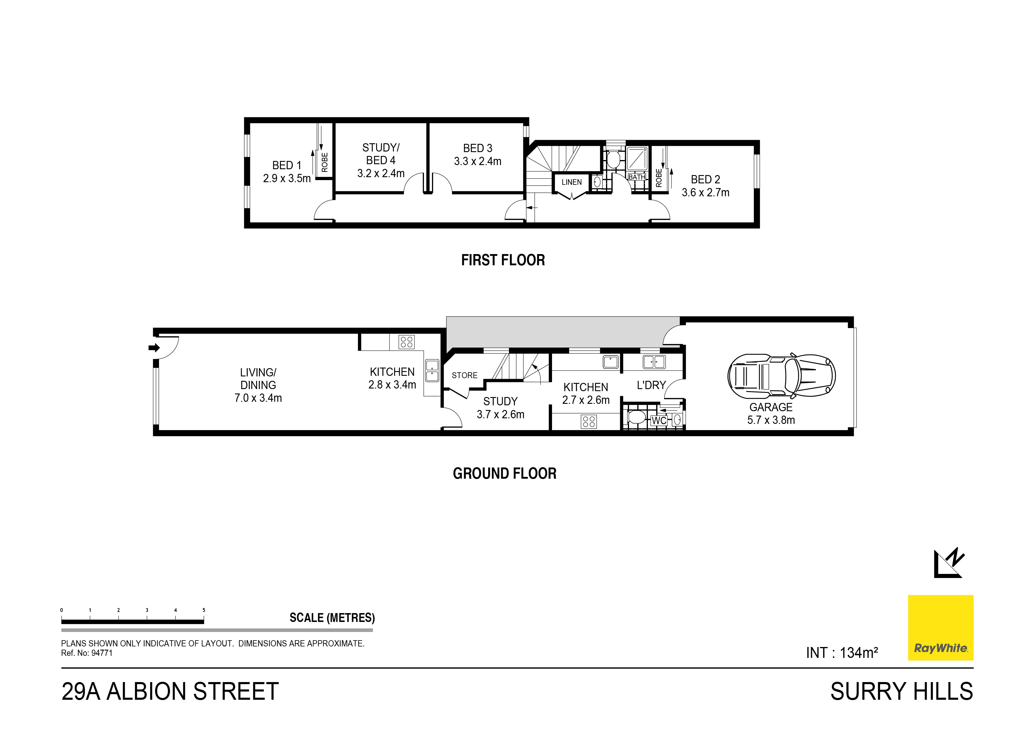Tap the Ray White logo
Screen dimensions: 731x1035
[940, 628]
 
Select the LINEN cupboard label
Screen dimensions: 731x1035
[571, 182]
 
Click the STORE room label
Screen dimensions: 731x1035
[464, 375]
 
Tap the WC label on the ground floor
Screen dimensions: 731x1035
[659, 421]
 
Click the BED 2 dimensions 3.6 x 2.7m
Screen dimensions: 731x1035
[705, 193]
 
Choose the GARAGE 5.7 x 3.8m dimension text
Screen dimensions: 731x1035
[771, 420]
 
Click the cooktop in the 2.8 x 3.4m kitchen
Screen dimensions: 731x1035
[407, 342]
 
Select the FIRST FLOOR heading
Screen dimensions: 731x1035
[503, 260]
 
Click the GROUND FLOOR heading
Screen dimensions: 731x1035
[505, 473]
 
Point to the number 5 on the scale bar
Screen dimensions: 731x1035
[204, 610]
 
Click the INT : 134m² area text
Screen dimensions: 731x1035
[842, 653]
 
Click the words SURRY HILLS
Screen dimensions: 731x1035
[902, 692]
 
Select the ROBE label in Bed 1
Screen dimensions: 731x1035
[325, 162]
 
